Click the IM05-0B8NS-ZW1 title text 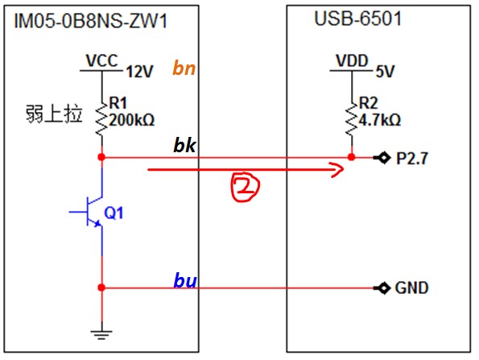point(91,22)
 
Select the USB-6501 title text point(357,19)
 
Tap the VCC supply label point(101,60)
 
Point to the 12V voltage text point(139,72)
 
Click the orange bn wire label point(184,68)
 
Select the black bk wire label point(184,145)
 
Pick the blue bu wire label point(185,280)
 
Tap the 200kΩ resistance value point(132,120)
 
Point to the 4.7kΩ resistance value point(380,120)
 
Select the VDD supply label point(352,60)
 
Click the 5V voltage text point(386,72)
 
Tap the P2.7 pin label point(412,159)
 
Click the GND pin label point(412,288)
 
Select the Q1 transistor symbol point(88,212)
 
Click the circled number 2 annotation point(245,187)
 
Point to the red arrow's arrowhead point(338,169)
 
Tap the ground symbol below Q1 point(101,335)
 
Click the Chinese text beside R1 point(54,114)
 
